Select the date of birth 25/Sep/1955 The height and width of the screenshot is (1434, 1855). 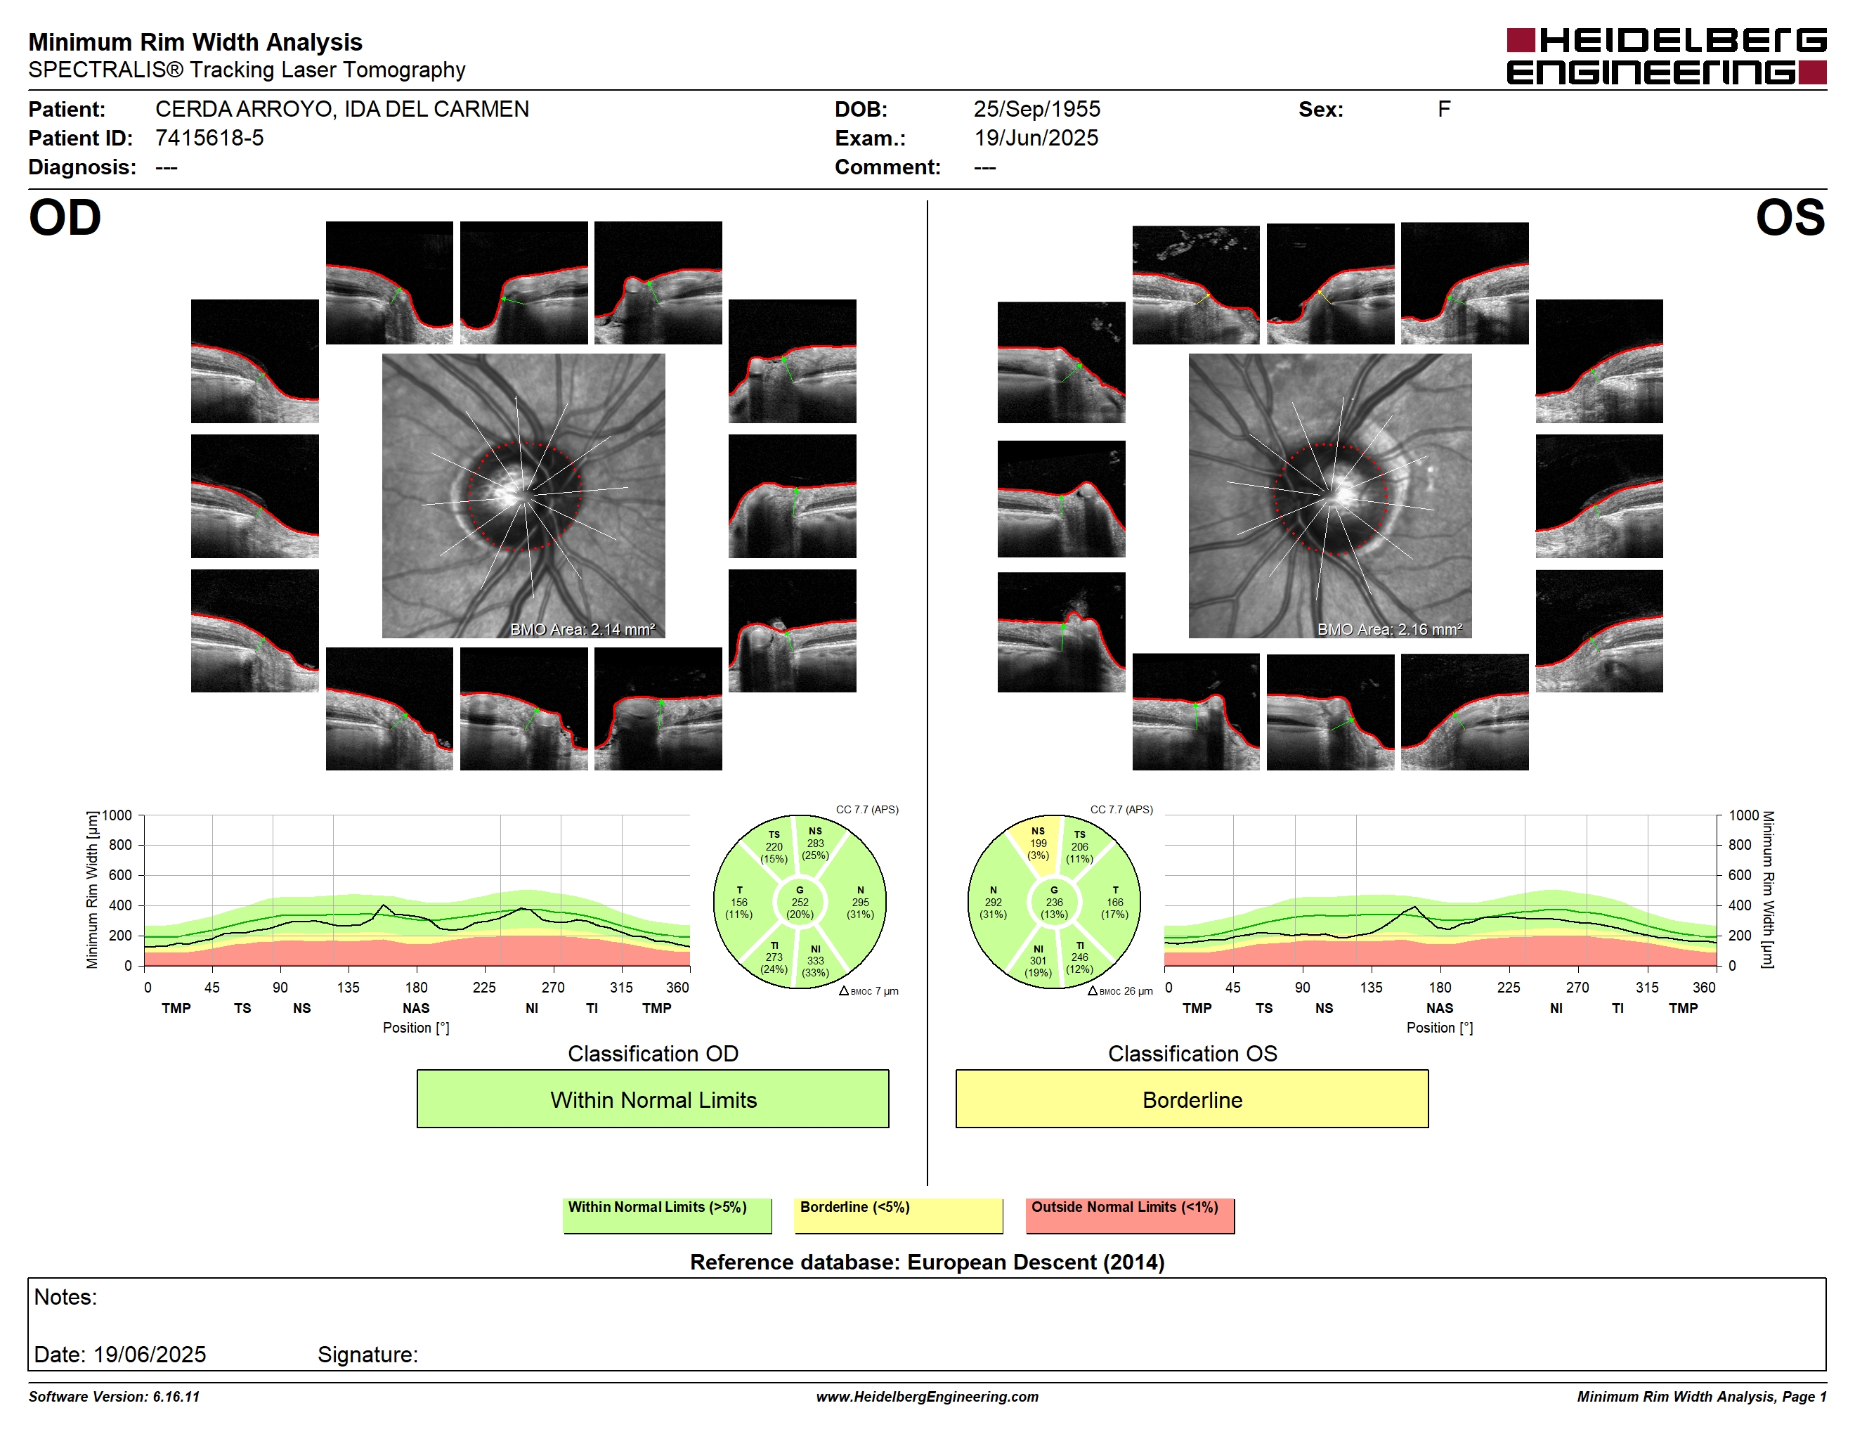(x=1036, y=109)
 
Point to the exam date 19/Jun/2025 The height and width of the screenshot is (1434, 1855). (x=1036, y=138)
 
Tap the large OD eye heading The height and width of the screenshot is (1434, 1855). (x=65, y=219)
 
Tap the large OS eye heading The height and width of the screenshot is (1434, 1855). (x=1790, y=219)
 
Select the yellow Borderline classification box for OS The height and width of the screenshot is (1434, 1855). (x=1192, y=1099)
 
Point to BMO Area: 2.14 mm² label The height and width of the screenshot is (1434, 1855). (x=582, y=630)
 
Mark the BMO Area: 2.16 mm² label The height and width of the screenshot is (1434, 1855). (x=1390, y=630)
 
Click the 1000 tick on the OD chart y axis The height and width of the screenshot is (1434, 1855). (x=117, y=815)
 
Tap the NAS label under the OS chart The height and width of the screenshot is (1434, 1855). (x=1440, y=1009)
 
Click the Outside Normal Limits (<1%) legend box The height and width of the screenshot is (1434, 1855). (x=1130, y=1215)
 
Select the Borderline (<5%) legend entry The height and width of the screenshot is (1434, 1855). (x=898, y=1215)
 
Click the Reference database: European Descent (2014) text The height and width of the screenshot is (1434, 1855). (x=927, y=1262)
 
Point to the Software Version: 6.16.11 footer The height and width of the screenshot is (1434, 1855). (x=114, y=1397)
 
